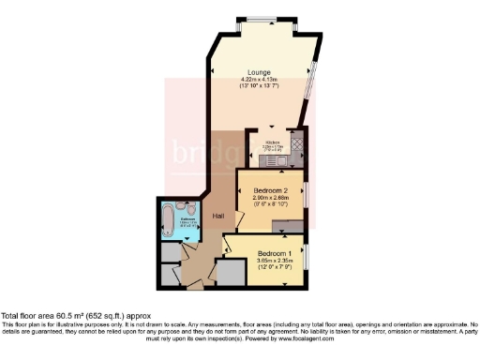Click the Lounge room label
pyautogui.click(x=260, y=72)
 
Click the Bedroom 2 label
pyautogui.click(x=272, y=190)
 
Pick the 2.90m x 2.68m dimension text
pyautogui.click(x=272, y=198)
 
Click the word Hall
pyautogui.click(x=217, y=217)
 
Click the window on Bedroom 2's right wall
pyautogui.click(x=306, y=197)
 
